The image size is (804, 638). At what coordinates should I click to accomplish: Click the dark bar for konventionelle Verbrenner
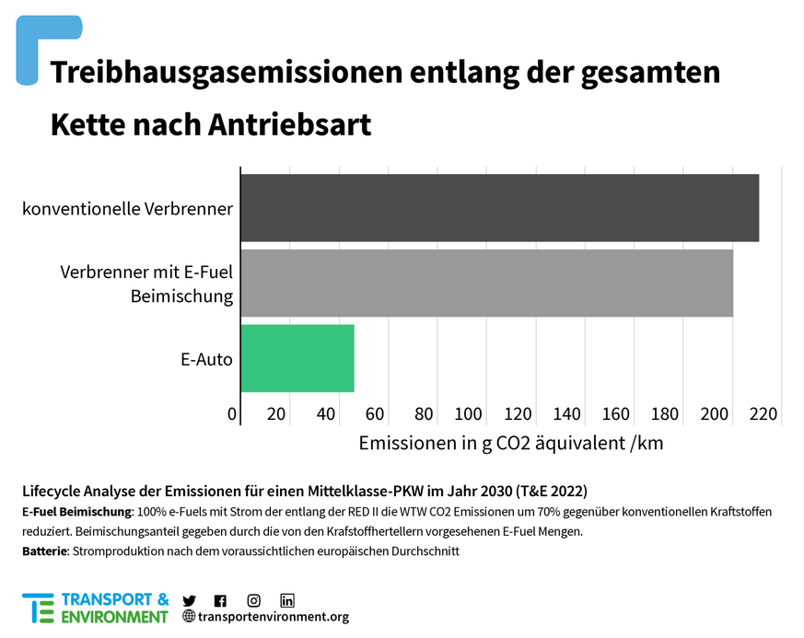pyautogui.click(x=499, y=208)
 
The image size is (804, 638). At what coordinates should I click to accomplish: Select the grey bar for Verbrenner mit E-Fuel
pyautogui.click(x=486, y=283)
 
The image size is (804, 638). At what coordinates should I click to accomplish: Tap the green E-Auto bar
pyautogui.click(x=297, y=358)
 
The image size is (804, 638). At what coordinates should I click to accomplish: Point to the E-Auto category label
pyautogui.click(x=206, y=359)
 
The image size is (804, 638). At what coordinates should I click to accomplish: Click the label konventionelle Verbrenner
pyautogui.click(x=127, y=208)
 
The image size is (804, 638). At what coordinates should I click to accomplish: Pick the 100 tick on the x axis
pyautogui.click(x=469, y=414)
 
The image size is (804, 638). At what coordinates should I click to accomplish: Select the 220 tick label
pyautogui.click(x=763, y=414)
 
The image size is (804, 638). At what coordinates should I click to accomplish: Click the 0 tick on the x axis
pyautogui.click(x=233, y=414)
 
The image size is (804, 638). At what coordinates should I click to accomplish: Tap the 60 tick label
pyautogui.click(x=375, y=414)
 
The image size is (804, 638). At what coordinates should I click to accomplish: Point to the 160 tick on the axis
pyautogui.click(x=616, y=414)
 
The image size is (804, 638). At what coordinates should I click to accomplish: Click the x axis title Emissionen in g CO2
pyautogui.click(x=510, y=443)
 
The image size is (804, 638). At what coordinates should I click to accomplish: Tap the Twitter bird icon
pyautogui.click(x=190, y=600)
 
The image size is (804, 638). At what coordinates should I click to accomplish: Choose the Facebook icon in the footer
pyautogui.click(x=220, y=600)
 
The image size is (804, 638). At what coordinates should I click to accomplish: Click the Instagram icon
pyautogui.click(x=253, y=600)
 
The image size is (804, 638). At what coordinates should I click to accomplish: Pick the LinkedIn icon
pyautogui.click(x=287, y=600)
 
